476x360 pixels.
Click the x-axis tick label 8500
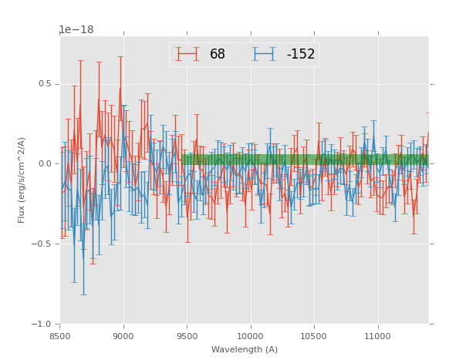coord(60,335)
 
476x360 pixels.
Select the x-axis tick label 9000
coord(123,335)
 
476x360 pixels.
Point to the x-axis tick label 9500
coord(187,335)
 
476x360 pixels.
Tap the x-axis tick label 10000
coord(251,335)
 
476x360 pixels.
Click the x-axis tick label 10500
coord(314,335)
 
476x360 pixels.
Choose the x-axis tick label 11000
coord(377,335)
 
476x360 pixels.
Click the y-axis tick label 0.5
coord(45,84)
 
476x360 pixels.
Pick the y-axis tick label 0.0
coord(45,163)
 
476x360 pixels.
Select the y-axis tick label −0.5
coord(42,244)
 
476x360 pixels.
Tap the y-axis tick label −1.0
coord(42,324)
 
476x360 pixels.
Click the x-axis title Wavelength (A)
coord(245,349)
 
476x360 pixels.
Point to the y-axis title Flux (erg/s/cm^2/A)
coord(22,180)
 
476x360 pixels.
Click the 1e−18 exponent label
coord(76,30)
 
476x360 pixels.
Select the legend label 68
coord(218,55)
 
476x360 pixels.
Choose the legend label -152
coord(300,55)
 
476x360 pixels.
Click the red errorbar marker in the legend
coord(187,54)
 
